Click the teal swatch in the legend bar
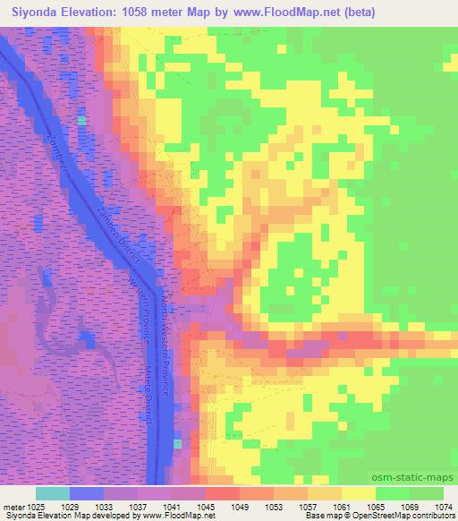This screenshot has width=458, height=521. click(52, 493)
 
